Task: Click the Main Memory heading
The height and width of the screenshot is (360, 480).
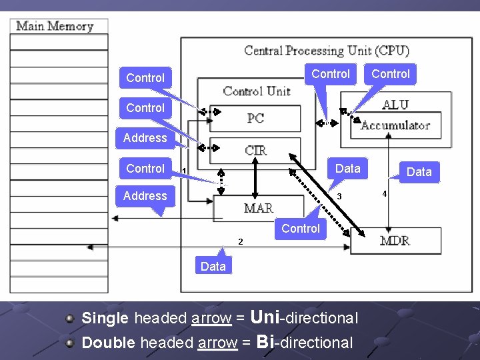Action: [54, 27]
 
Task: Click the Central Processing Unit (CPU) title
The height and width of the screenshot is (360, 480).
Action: [327, 51]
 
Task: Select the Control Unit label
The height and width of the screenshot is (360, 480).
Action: [257, 91]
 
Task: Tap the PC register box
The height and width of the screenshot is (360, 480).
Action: [255, 119]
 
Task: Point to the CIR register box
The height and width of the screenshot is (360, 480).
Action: [256, 150]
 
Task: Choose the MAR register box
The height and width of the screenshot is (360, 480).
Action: [258, 208]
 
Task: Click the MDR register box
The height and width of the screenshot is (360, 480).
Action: [395, 240]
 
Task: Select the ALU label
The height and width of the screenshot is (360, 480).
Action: [395, 105]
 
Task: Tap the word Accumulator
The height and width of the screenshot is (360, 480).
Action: [395, 125]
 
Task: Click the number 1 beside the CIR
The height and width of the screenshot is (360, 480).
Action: [183, 171]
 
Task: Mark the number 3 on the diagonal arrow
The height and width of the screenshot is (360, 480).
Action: [339, 197]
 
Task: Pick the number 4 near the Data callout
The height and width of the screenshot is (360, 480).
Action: [384, 194]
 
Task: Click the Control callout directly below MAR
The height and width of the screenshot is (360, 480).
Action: [301, 229]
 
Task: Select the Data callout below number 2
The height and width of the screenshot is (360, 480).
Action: [213, 266]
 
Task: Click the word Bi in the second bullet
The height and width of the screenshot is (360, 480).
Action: [265, 342]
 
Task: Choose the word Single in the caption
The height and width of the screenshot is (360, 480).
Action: [105, 318]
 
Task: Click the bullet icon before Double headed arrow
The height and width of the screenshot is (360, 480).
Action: [70, 343]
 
